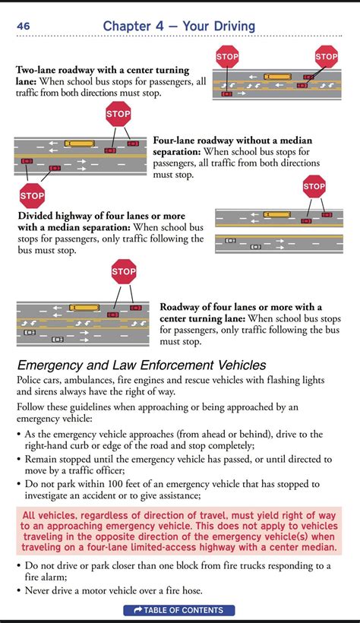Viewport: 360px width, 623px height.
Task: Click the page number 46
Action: click(23, 27)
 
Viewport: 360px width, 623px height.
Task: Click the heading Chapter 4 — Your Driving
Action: click(179, 27)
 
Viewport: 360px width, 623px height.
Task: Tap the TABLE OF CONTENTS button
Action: click(179, 610)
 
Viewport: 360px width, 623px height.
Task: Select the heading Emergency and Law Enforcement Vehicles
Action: click(141, 365)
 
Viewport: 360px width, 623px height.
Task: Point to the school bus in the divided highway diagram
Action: click(277, 215)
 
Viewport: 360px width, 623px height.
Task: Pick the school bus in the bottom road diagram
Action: click(84, 308)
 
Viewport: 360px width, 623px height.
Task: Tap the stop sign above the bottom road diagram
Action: click(124, 271)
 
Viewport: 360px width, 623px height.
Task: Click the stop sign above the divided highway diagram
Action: click(314, 186)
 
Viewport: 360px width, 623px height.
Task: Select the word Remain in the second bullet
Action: click(45, 460)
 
